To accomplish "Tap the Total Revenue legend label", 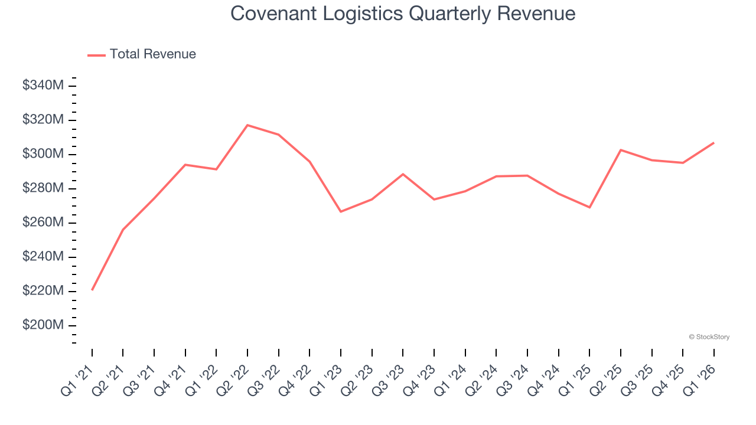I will (x=152, y=54).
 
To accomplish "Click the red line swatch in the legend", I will (x=96, y=55).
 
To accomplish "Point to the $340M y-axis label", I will (x=43, y=86).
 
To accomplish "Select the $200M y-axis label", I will (x=43, y=325).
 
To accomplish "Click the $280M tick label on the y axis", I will (x=43, y=188).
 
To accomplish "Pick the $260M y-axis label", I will (x=43, y=223).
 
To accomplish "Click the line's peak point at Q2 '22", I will (x=247, y=125).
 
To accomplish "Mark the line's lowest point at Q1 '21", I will (x=92, y=290).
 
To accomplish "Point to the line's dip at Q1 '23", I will (x=341, y=211).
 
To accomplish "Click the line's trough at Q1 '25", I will (x=589, y=207).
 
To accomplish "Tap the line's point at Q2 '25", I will (x=621, y=150).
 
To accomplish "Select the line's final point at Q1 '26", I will (x=713, y=143).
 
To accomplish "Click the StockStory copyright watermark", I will (x=709, y=337).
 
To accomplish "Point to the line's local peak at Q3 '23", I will (x=403, y=174).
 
